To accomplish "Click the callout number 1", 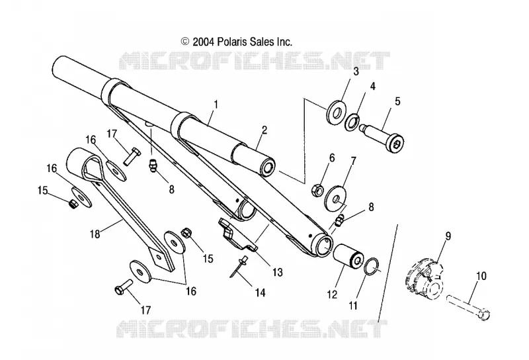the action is pyautogui.click(x=216, y=105).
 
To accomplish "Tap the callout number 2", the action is pyautogui.click(x=264, y=130).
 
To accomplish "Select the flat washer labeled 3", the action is pyautogui.click(x=336, y=112).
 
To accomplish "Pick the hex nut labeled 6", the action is pyautogui.click(x=318, y=190).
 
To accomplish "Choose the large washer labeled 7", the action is pyautogui.click(x=336, y=199).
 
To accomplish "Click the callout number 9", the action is pyautogui.click(x=448, y=236).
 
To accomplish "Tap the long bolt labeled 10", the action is pyautogui.click(x=468, y=306).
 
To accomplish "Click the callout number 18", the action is pyautogui.click(x=95, y=234).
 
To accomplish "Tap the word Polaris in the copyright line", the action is pyautogui.click(x=233, y=42).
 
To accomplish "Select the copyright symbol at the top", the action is pyautogui.click(x=185, y=42).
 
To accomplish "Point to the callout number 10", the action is pyautogui.click(x=481, y=276).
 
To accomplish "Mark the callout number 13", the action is pyautogui.click(x=277, y=272).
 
